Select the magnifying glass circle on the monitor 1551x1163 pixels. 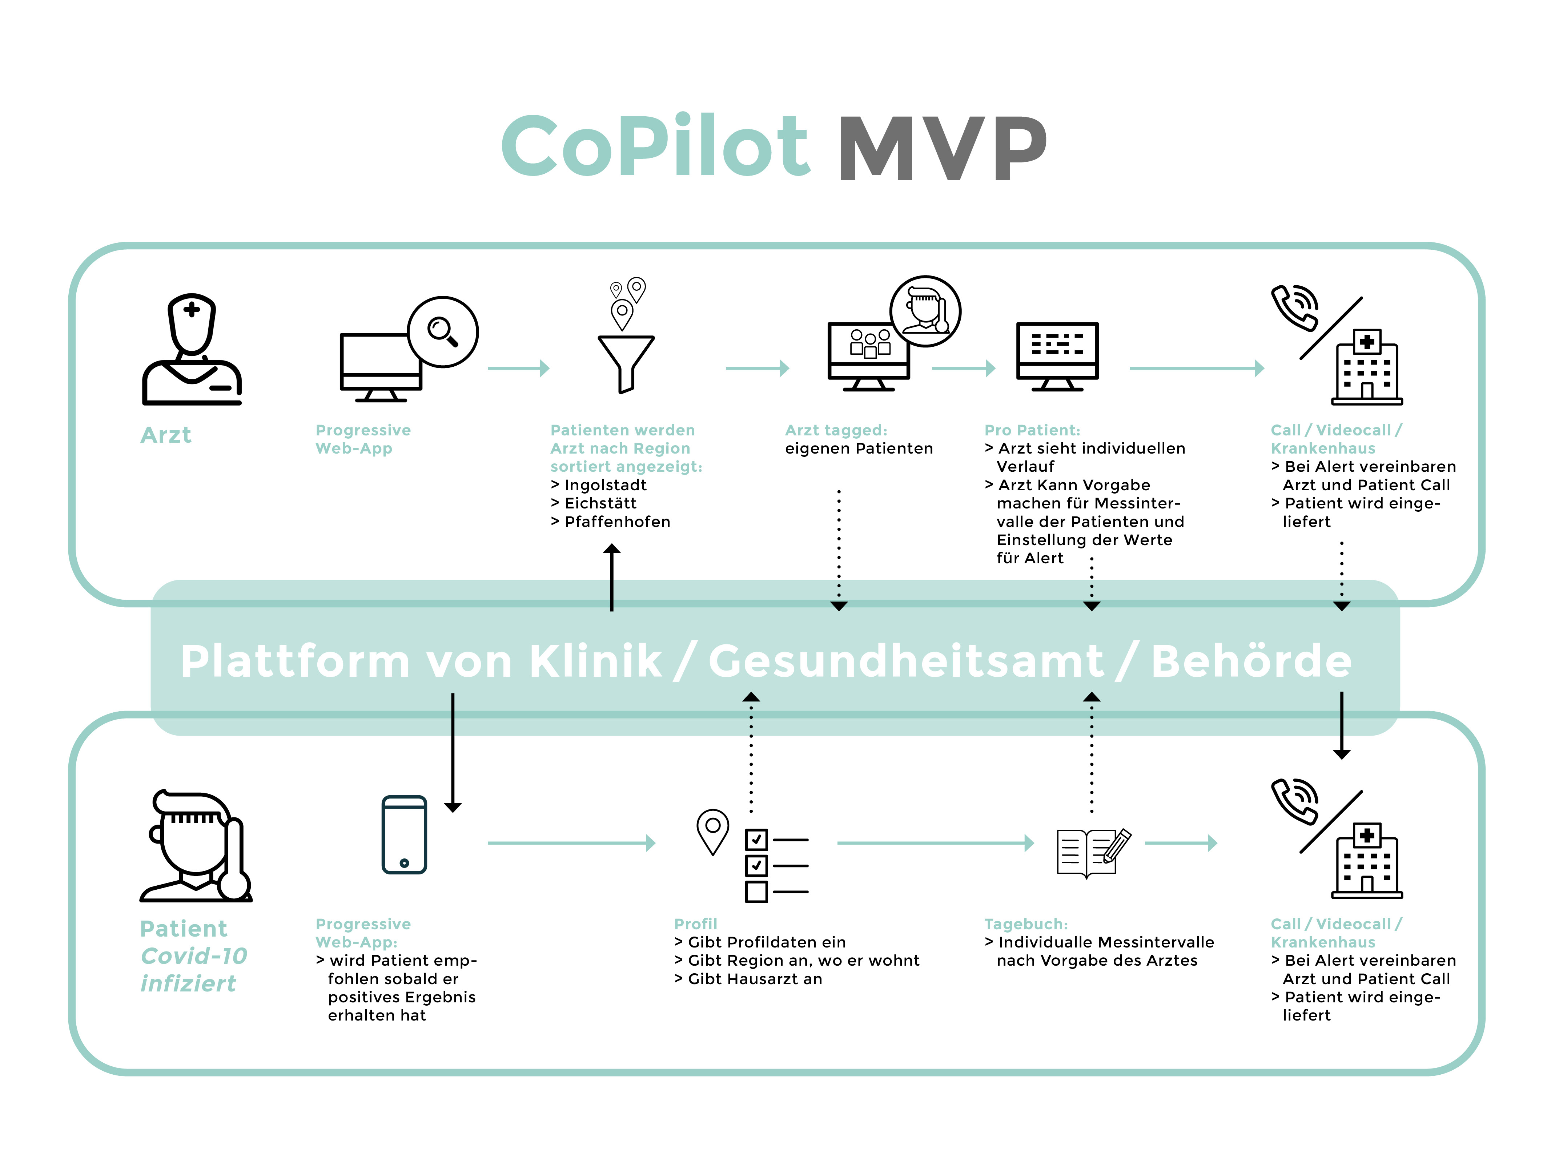click(x=442, y=331)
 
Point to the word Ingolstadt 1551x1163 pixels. click(x=605, y=485)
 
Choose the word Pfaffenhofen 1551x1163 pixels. click(x=617, y=522)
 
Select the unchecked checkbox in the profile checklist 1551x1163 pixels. click(x=756, y=892)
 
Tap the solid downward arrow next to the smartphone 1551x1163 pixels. click(x=453, y=754)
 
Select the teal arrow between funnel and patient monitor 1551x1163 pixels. click(x=757, y=368)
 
